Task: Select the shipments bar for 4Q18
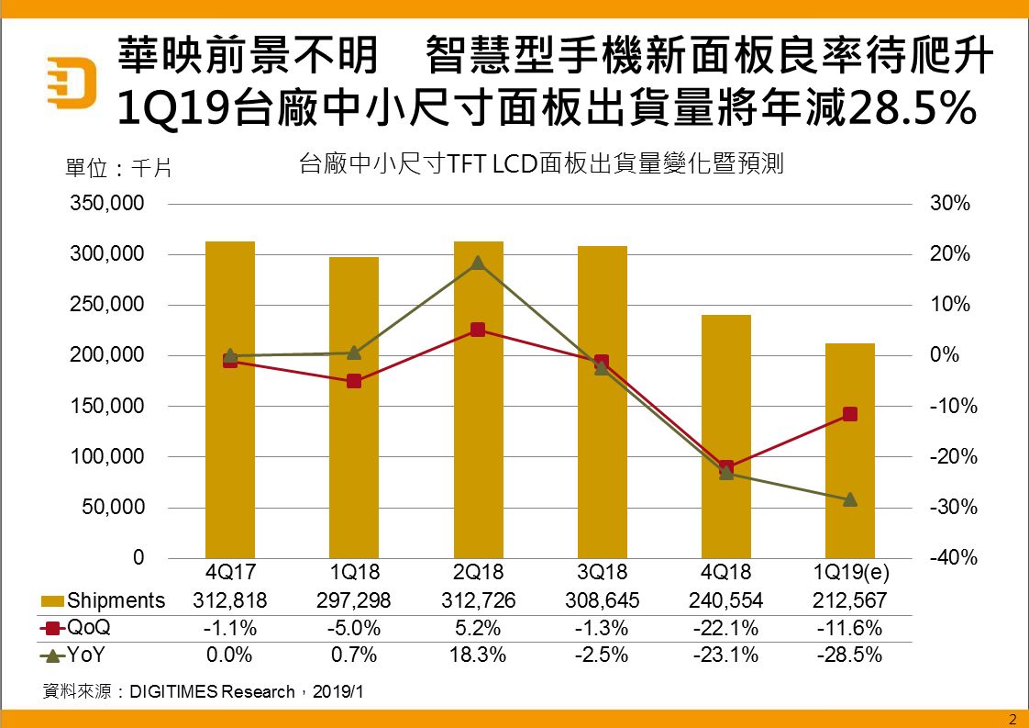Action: pyautogui.click(x=726, y=436)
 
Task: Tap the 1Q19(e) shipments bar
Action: pyautogui.click(x=850, y=450)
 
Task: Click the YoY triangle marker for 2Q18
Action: pyautogui.click(x=478, y=263)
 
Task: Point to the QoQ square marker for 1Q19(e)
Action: pyautogui.click(x=850, y=414)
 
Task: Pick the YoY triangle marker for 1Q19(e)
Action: pyautogui.click(x=850, y=499)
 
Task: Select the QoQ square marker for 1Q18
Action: pyautogui.click(x=354, y=381)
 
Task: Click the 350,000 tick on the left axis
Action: pyautogui.click(x=107, y=204)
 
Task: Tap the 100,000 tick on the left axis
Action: pyautogui.click(x=107, y=457)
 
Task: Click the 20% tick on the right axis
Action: pyautogui.click(x=951, y=254)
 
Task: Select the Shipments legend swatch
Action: pyautogui.click(x=52, y=601)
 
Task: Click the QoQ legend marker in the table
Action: pyautogui.click(x=52, y=629)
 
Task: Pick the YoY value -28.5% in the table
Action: pyautogui.click(x=850, y=655)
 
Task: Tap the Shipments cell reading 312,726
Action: pyautogui.click(x=478, y=600)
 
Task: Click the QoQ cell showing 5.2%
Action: pyautogui.click(x=478, y=629)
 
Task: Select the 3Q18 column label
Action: pyautogui.click(x=602, y=573)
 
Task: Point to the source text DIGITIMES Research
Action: pyautogui.click(x=212, y=691)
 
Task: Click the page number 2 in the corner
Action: pyautogui.click(x=1012, y=718)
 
